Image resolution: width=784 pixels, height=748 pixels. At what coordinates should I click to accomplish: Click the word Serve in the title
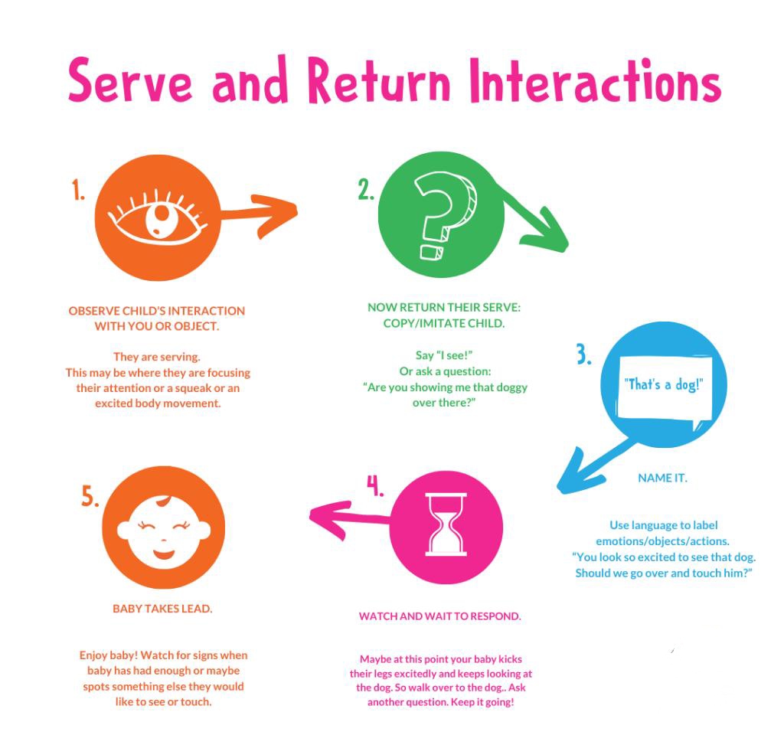(130, 80)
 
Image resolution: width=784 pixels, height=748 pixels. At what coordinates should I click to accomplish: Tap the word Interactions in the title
(596, 80)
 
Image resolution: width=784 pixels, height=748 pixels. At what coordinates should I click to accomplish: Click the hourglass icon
(446, 524)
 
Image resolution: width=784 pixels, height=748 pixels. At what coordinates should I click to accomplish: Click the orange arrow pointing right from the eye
(259, 214)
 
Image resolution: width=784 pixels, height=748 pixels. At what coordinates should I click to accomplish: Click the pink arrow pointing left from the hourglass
(350, 519)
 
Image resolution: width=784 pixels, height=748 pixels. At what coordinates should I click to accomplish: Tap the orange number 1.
(79, 191)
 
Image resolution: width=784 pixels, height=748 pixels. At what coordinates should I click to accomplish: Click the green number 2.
(366, 190)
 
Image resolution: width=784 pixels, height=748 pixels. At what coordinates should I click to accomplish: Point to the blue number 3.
(583, 354)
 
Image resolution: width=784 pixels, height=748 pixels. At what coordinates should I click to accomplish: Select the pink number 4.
(375, 485)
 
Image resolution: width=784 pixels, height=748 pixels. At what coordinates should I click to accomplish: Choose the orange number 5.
(90, 497)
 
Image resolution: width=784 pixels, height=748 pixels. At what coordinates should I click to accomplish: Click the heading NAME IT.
(662, 478)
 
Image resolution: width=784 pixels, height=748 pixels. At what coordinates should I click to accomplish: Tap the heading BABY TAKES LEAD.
(162, 609)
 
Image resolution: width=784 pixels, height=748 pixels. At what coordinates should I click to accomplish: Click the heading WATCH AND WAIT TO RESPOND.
(440, 616)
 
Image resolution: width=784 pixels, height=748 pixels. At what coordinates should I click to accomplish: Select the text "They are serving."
(157, 357)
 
